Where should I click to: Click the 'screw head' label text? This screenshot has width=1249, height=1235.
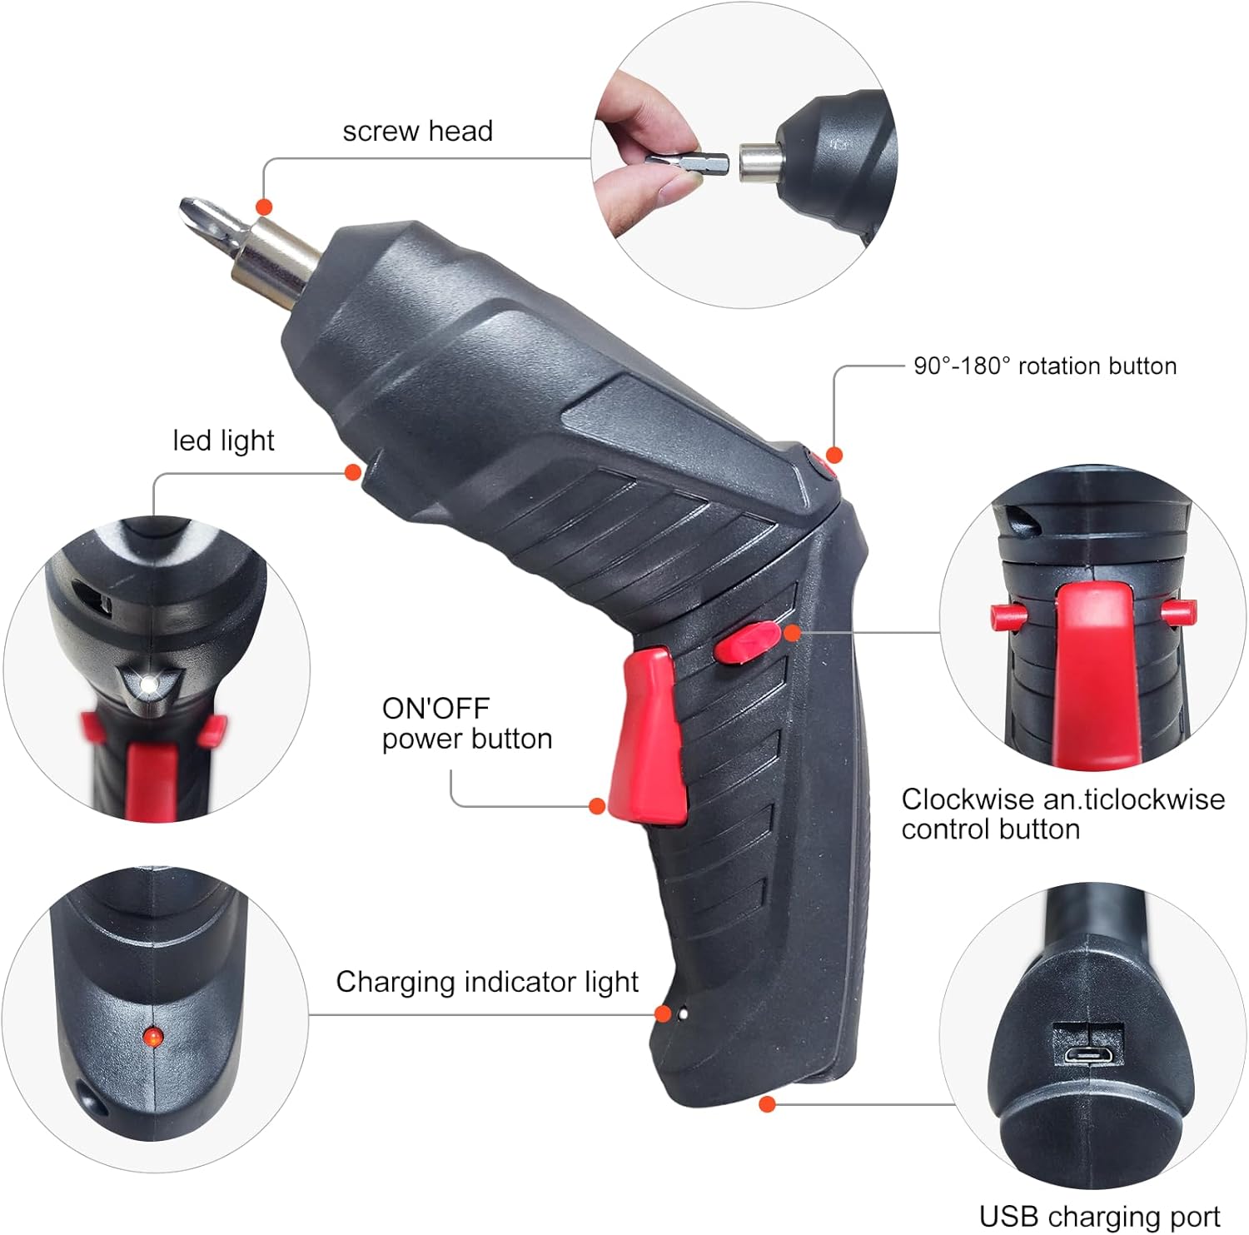tap(417, 131)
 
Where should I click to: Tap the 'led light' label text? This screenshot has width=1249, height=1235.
tap(223, 441)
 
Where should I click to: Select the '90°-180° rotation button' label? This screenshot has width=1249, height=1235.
tap(1045, 366)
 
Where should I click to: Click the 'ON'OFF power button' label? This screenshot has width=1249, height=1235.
tap(467, 724)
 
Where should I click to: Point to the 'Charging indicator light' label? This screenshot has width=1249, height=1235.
tap(487, 982)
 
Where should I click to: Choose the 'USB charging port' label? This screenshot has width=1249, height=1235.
tap(1100, 1217)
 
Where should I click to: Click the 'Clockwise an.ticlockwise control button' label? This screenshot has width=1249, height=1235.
tap(1063, 814)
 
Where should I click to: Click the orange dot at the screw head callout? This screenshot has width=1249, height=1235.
tap(264, 207)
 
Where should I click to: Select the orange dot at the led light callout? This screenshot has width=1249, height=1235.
tap(352, 472)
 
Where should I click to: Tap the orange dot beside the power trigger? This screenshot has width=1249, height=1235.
tap(597, 805)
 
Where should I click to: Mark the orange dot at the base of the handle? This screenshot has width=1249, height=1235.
tap(768, 1104)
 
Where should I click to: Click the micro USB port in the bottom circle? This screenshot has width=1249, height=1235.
tap(1089, 1055)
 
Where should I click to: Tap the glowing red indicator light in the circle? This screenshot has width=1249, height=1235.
tap(152, 1036)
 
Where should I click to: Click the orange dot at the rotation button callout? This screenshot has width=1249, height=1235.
tap(834, 455)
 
